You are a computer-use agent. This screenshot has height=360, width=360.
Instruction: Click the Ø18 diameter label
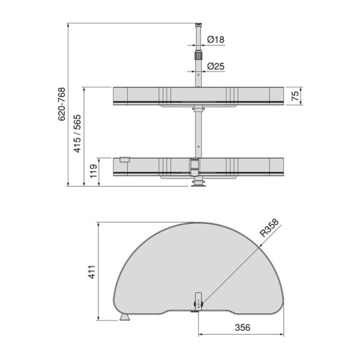[x=215, y=40]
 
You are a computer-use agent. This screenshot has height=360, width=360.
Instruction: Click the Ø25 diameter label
[x=215, y=67]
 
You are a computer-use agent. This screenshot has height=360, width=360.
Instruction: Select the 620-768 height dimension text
[x=62, y=104]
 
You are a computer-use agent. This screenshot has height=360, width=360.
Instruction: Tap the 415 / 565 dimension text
[x=77, y=133]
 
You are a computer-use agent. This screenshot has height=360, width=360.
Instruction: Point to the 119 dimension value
[x=94, y=171]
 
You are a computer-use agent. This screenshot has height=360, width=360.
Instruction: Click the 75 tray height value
[x=295, y=96]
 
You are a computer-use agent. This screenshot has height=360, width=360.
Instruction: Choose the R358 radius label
[x=269, y=228]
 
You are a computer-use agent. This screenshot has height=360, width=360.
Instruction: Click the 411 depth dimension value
[x=92, y=272]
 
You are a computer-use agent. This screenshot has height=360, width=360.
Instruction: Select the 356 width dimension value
[x=242, y=328]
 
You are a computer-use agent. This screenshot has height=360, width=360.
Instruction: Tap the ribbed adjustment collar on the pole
[x=199, y=55]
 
